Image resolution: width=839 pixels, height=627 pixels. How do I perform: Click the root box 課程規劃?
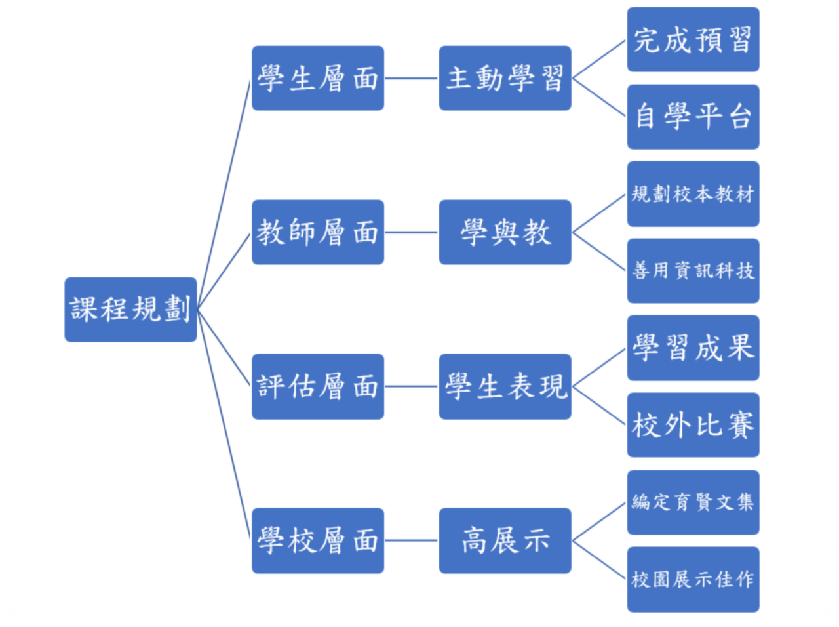pos(130,310)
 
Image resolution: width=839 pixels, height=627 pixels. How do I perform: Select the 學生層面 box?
pos(318,78)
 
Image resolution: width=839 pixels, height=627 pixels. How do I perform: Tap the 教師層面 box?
pos(318,232)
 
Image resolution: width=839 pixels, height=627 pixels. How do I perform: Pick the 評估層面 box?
pos(318,386)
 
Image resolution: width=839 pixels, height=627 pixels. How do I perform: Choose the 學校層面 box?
pos(318,540)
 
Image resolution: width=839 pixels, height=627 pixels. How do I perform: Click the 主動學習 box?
pos(505,78)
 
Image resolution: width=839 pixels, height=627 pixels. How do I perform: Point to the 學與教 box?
pos(505,232)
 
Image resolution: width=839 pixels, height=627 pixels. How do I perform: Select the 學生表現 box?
pos(505,386)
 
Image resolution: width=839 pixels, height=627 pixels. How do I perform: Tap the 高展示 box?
pos(505,540)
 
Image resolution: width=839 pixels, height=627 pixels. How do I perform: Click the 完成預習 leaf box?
pos(693,39)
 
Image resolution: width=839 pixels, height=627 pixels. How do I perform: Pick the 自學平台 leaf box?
pos(693,117)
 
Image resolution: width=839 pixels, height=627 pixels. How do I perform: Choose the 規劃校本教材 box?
pos(693,194)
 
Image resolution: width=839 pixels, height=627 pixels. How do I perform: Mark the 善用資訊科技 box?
pos(693,271)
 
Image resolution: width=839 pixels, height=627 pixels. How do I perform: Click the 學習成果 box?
pos(693,348)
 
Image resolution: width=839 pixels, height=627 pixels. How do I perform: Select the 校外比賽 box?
pos(693,425)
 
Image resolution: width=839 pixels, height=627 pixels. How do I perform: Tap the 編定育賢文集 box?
pos(693,502)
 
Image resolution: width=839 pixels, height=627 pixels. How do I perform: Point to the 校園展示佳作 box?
pos(693,580)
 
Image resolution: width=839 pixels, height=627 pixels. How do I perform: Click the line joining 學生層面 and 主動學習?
pos(411,78)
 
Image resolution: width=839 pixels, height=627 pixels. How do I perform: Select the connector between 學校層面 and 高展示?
pos(411,540)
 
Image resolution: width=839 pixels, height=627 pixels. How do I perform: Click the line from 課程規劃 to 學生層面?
pos(224,194)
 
